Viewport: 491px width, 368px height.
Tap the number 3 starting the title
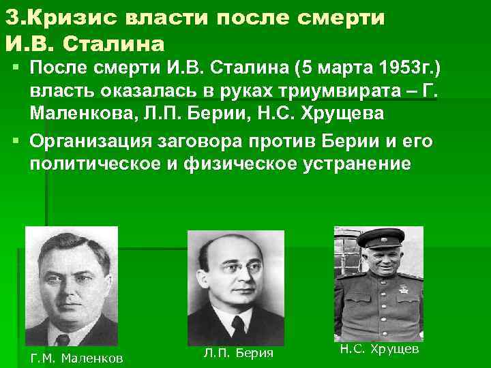[10, 18]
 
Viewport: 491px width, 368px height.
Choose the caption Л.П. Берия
[238, 352]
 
